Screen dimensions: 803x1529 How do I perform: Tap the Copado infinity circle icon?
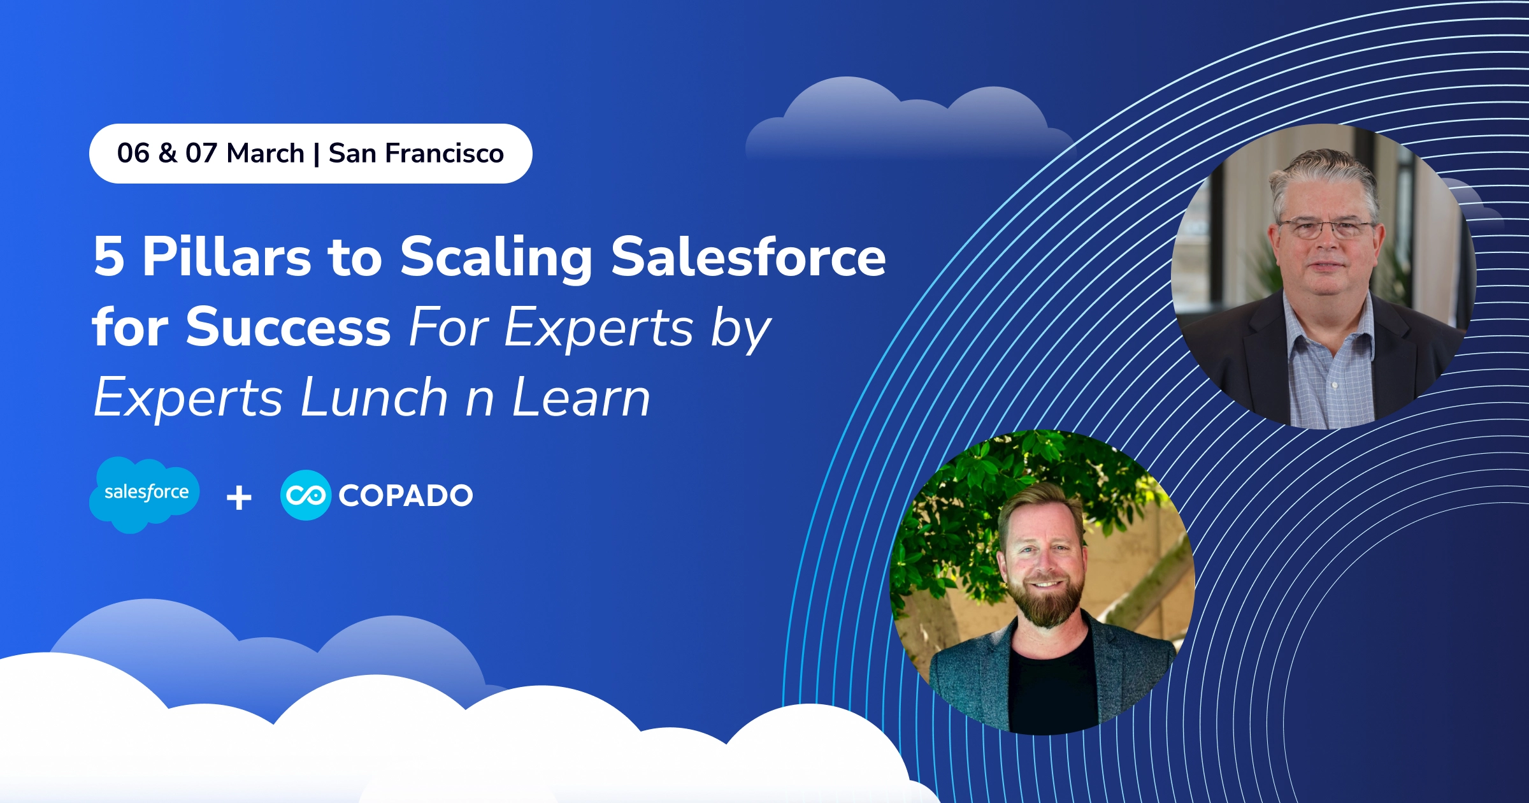pyautogui.click(x=306, y=495)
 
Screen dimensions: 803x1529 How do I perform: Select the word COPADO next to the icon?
pyautogui.click(x=406, y=496)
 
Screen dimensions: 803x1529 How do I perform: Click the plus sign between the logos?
pyautogui.click(x=239, y=498)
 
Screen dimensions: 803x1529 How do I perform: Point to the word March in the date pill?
pyautogui.click(x=266, y=154)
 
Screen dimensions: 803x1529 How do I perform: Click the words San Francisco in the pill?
pyautogui.click(x=416, y=154)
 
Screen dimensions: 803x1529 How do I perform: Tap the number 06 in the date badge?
pyautogui.click(x=133, y=154)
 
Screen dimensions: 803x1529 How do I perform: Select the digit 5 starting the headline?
pyautogui.click(x=109, y=257)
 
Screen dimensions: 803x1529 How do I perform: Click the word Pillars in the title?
pyautogui.click(x=226, y=257)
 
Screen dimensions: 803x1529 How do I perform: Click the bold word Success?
pyautogui.click(x=288, y=328)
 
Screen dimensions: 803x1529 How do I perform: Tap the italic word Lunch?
pyautogui.click(x=375, y=398)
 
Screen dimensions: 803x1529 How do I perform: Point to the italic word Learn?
pyautogui.click(x=581, y=398)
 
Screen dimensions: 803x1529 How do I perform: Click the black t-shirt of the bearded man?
pyautogui.click(x=1051, y=688)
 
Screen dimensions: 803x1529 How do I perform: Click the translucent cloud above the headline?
pyautogui.click(x=905, y=124)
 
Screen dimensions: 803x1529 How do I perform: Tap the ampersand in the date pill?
pyautogui.click(x=168, y=154)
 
